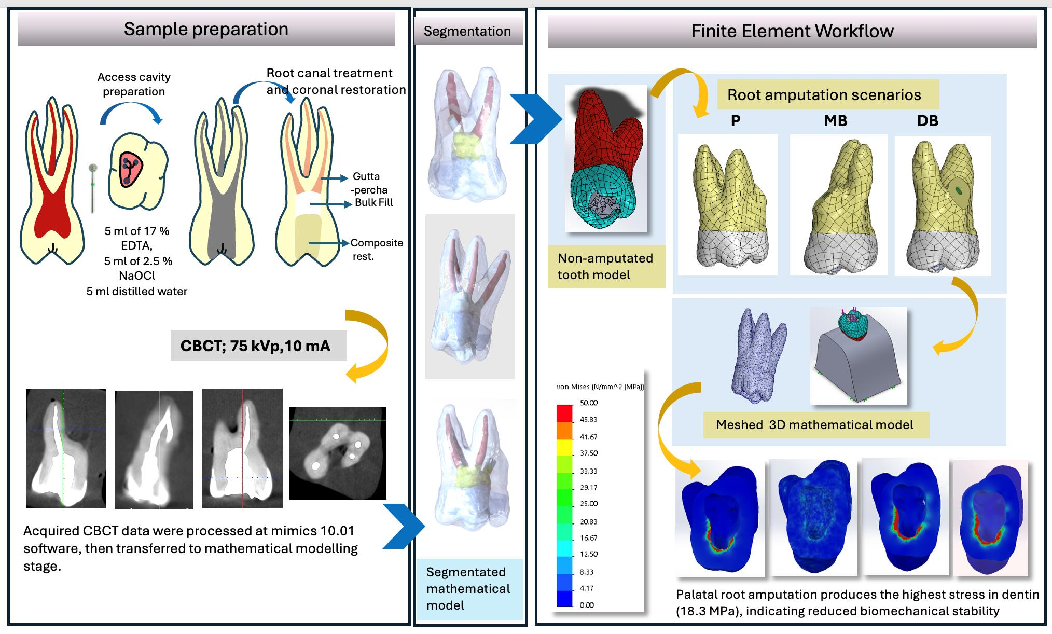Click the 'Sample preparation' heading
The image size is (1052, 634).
pyautogui.click(x=206, y=29)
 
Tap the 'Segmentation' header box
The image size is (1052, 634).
pyautogui.click(x=467, y=31)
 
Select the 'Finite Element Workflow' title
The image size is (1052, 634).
pyautogui.click(x=792, y=31)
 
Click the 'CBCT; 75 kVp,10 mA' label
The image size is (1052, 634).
pyautogui.click(x=255, y=346)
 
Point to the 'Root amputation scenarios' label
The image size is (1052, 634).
pyautogui.click(x=824, y=95)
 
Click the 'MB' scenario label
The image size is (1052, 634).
pyautogui.click(x=835, y=121)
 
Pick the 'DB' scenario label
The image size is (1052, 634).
pyautogui.click(x=928, y=121)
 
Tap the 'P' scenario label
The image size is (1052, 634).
pyautogui.click(x=735, y=121)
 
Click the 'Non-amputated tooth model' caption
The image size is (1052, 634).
pyautogui.click(x=605, y=266)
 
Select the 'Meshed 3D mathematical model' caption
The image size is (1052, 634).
pyautogui.click(x=814, y=425)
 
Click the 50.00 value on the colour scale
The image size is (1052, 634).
pyautogui.click(x=589, y=403)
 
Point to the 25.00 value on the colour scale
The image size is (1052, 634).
pyautogui.click(x=589, y=504)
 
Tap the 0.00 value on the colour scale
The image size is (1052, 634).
pyautogui.click(x=587, y=605)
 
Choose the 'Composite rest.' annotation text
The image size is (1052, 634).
pyautogui.click(x=376, y=249)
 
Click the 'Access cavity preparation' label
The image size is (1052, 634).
pyautogui.click(x=134, y=84)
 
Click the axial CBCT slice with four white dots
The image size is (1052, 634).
pyautogui.click(x=338, y=453)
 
